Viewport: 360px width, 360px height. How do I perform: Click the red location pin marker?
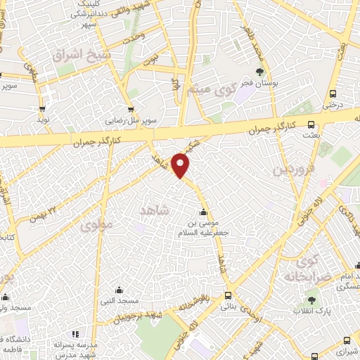pyautogui.click(x=181, y=165)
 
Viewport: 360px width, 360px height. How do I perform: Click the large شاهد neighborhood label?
pyautogui.click(x=155, y=210)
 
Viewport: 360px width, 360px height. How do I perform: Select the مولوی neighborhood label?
pyautogui.click(x=96, y=226)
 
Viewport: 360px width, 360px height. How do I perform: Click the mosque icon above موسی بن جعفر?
pyautogui.click(x=204, y=212)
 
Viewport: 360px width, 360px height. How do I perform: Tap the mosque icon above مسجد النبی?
pyautogui.click(x=118, y=289)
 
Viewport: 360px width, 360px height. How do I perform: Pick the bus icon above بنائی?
pyautogui.click(x=228, y=296)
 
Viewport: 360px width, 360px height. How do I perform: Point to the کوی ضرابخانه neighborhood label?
pyautogui.click(x=305, y=270)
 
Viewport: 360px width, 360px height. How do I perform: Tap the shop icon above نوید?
pyautogui.click(x=44, y=110)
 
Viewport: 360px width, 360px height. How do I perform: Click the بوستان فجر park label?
pyautogui.click(x=259, y=83)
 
